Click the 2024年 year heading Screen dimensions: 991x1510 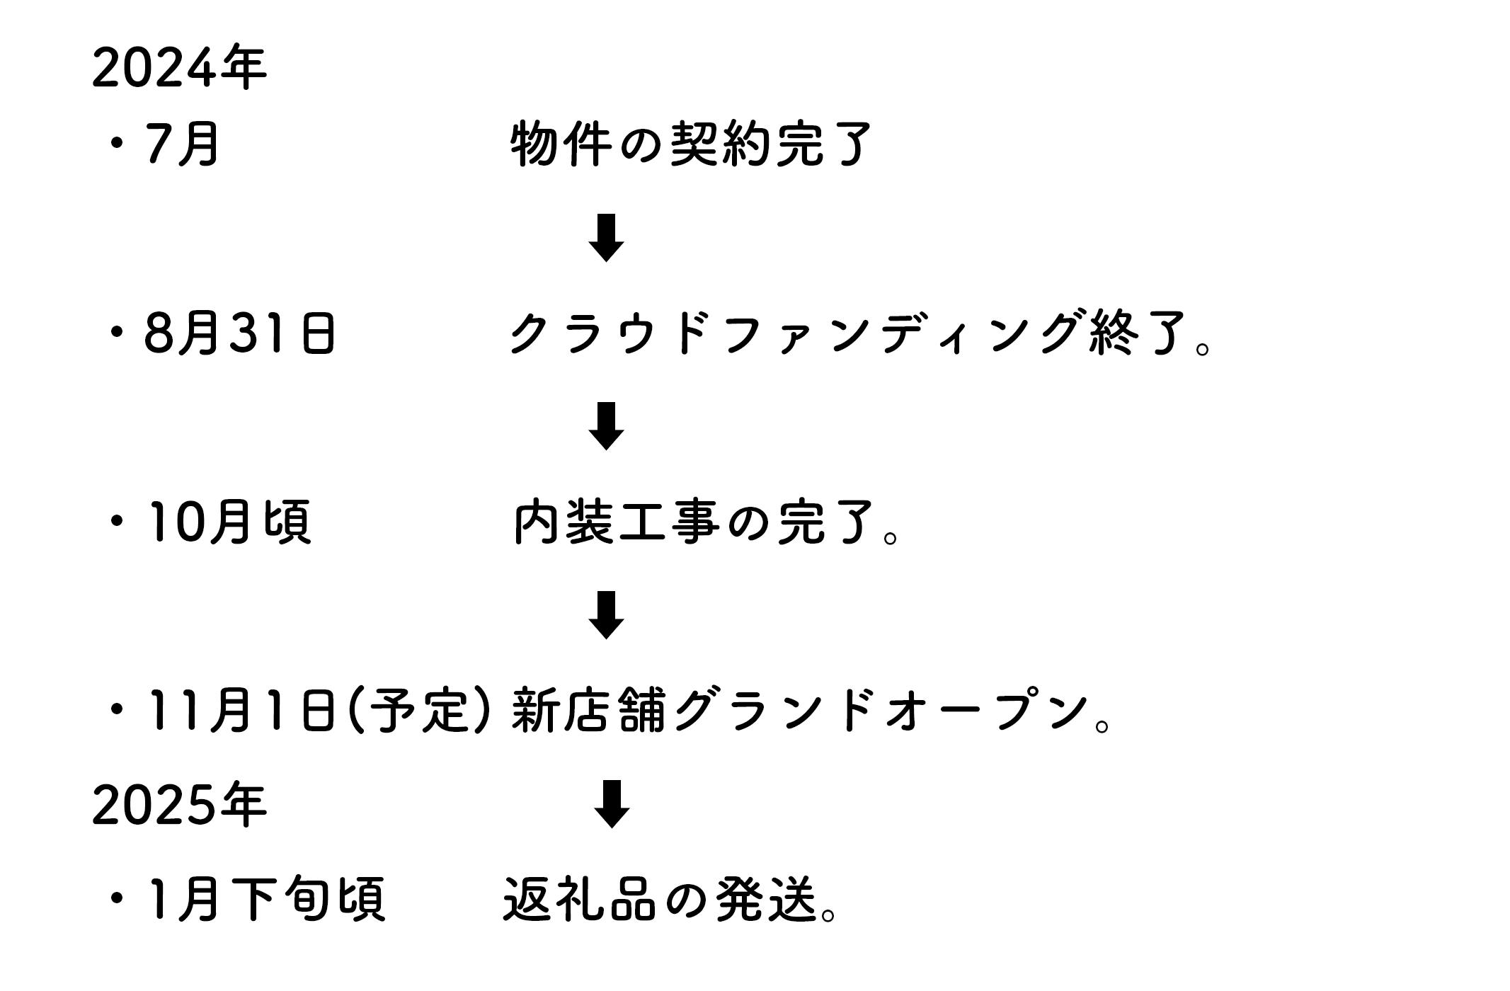(179, 69)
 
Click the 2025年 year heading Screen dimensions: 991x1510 (179, 806)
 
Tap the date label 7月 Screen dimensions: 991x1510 (182, 144)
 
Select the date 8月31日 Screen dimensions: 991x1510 (239, 333)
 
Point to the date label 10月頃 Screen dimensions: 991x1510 (227, 522)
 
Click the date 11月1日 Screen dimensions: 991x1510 (239, 711)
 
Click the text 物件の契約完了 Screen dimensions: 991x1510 (690, 144)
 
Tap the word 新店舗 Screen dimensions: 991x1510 (588, 711)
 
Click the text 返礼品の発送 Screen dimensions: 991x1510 (661, 900)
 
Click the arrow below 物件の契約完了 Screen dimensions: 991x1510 (606, 238)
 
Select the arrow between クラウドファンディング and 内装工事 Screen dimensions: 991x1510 (606, 426)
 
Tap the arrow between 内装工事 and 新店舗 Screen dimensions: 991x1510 (606, 615)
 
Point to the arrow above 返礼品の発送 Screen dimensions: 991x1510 (611, 804)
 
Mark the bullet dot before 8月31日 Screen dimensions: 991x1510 (117, 333)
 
